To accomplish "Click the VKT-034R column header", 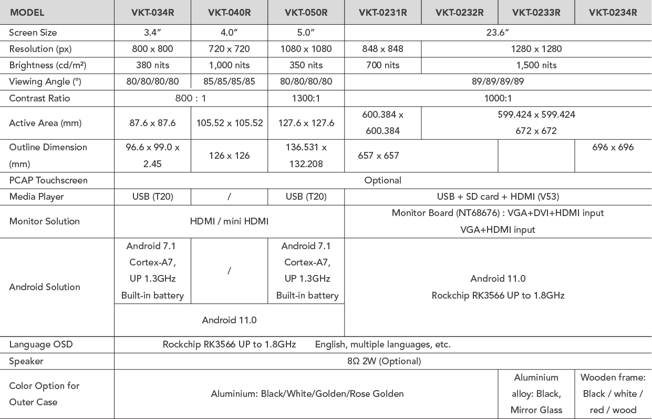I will (x=152, y=12).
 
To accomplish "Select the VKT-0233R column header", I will (x=536, y=12).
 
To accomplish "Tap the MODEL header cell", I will (x=27, y=12).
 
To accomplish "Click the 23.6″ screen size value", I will (x=498, y=32).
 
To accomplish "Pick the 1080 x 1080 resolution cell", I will (x=306, y=49).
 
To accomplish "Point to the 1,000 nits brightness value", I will (x=229, y=65).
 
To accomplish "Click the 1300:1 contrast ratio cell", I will (x=306, y=98).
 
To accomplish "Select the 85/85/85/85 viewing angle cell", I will (x=229, y=81).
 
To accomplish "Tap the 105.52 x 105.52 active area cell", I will (x=229, y=123).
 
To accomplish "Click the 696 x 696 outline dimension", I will (x=613, y=147).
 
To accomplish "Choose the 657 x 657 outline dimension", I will (x=378, y=156).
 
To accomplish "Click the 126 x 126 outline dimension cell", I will (x=229, y=156).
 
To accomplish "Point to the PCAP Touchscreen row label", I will (x=48, y=180).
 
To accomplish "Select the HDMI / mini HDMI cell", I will (x=229, y=221).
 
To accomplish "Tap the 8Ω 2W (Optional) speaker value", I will (x=382, y=361).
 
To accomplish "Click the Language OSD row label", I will (x=41, y=345).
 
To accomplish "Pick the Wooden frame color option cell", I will (x=613, y=394).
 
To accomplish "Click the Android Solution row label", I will (x=45, y=287).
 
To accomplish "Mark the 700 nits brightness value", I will (x=382, y=65).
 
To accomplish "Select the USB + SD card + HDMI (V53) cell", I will (x=498, y=197).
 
